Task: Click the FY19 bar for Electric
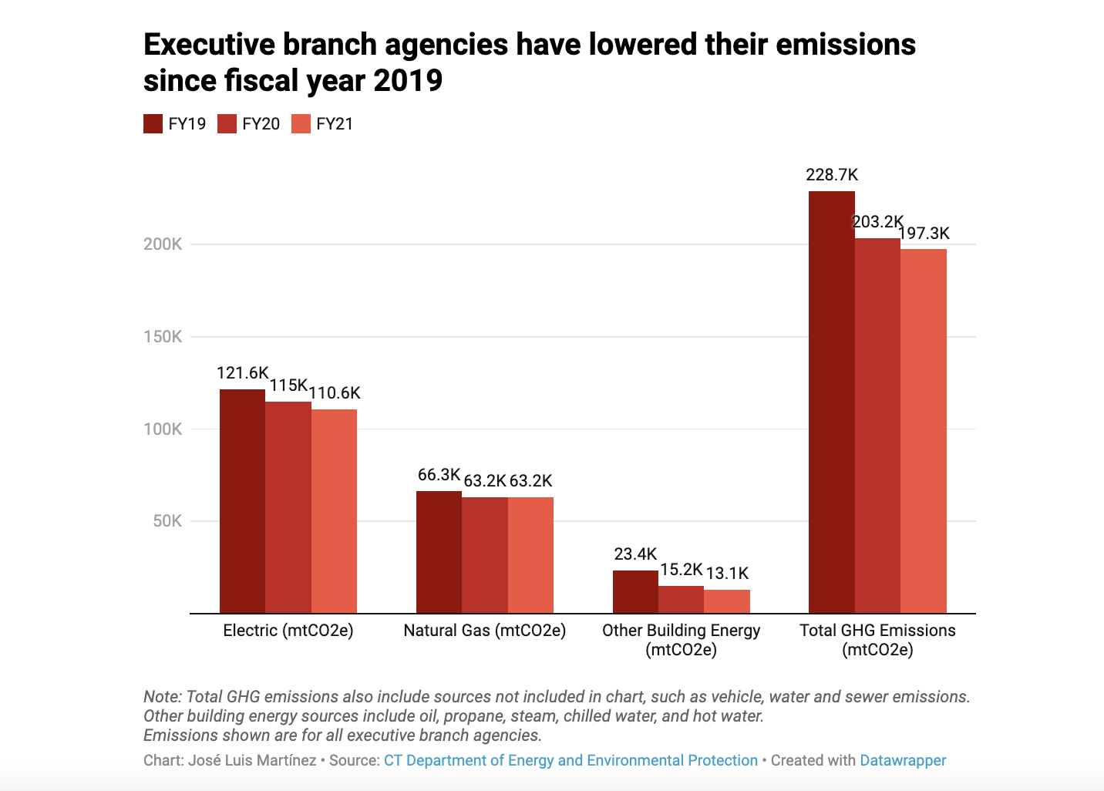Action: (x=242, y=501)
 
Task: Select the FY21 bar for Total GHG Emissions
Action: (x=923, y=432)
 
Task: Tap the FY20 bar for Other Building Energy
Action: (x=681, y=600)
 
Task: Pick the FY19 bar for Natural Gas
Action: (x=439, y=552)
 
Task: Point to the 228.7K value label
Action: (x=832, y=175)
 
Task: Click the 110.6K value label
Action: (x=335, y=393)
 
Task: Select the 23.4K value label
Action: (x=635, y=554)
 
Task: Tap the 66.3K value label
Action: (x=439, y=475)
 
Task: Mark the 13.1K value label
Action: (x=727, y=573)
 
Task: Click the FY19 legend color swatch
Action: (x=153, y=124)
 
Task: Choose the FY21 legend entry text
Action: (x=335, y=124)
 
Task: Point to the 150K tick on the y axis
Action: (x=163, y=337)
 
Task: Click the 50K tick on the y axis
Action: (x=167, y=521)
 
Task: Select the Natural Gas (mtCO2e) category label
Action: (x=484, y=631)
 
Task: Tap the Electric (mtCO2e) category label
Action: (x=288, y=631)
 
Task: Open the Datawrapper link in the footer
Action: (x=903, y=760)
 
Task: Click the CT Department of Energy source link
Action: (x=571, y=760)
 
